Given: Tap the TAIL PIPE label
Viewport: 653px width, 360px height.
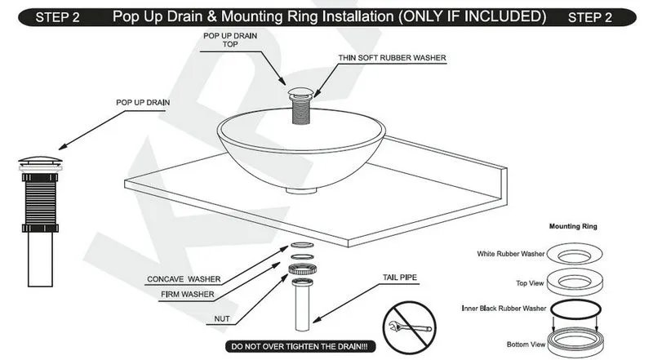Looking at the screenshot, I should click(x=401, y=278).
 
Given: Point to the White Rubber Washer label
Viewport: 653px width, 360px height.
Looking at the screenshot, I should click(x=511, y=254).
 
